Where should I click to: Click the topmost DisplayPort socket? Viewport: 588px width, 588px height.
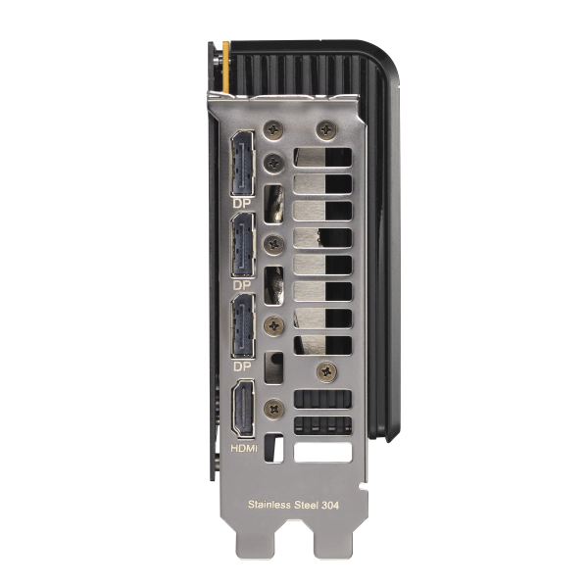pyautogui.click(x=243, y=163)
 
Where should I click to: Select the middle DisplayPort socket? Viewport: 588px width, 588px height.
pyautogui.click(x=243, y=245)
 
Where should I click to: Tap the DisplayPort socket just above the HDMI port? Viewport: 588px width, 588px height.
pyautogui.click(x=243, y=325)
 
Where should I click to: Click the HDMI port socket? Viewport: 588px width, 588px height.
pyautogui.click(x=243, y=408)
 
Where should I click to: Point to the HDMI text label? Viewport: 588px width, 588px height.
pyautogui.click(x=244, y=448)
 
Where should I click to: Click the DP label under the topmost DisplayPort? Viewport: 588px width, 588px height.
pyautogui.click(x=241, y=204)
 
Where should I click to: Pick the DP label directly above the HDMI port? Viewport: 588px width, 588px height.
pyautogui.click(x=242, y=367)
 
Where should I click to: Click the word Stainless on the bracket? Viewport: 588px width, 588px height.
pyautogui.click(x=269, y=505)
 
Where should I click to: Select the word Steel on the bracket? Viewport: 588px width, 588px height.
pyautogui.click(x=306, y=505)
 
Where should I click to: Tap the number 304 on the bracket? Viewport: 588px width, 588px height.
pyautogui.click(x=330, y=505)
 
